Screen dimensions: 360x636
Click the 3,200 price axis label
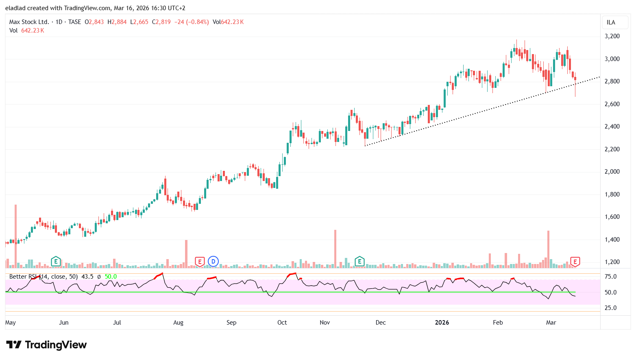click(612, 36)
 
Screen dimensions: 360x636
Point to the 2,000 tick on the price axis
click(612, 172)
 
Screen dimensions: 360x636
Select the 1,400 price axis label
click(612, 240)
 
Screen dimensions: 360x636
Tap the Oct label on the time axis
click(282, 323)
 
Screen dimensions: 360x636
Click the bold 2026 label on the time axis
click(442, 323)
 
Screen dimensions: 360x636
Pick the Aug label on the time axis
click(178, 323)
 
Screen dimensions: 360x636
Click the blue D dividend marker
click(213, 262)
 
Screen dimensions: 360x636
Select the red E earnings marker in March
click(575, 262)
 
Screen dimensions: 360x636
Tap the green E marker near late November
click(359, 262)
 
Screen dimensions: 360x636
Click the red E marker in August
click(199, 262)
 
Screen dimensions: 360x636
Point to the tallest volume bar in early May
click(16, 236)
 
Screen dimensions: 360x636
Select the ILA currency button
click(611, 22)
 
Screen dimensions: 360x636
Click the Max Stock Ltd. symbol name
click(29, 22)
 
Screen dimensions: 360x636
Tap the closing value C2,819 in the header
click(161, 22)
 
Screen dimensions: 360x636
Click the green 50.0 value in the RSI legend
click(111, 277)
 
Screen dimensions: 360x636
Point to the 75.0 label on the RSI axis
click(610, 277)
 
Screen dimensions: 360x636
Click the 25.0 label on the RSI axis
click(610, 308)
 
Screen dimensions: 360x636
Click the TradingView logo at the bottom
click(46, 345)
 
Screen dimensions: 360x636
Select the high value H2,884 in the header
click(117, 22)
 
